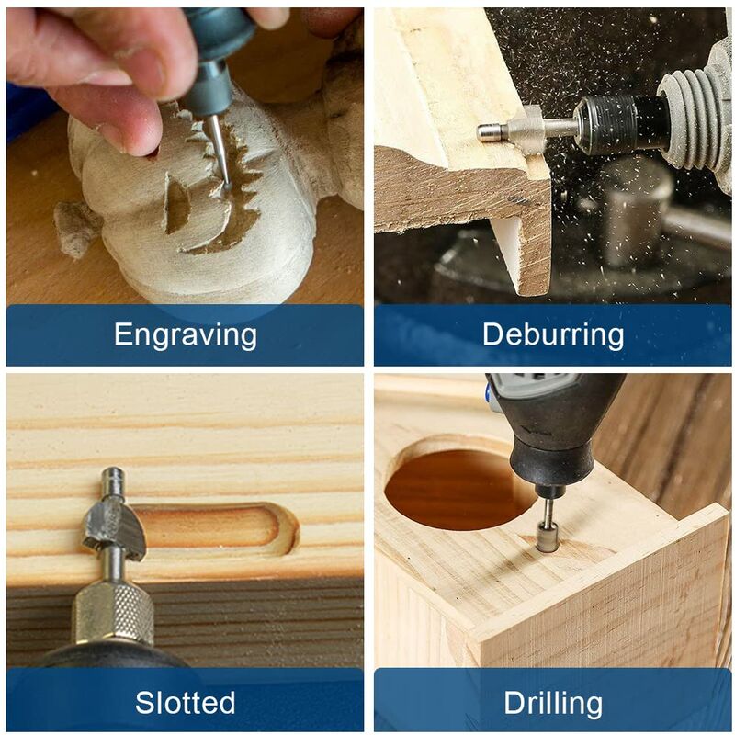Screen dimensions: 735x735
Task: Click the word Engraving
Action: (x=185, y=335)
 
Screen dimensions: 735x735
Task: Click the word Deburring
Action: (x=552, y=335)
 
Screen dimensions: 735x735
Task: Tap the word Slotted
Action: (x=185, y=703)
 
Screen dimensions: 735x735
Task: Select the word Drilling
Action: (x=552, y=704)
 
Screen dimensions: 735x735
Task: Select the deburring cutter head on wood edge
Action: (x=526, y=131)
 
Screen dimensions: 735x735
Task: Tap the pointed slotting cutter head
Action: (x=113, y=528)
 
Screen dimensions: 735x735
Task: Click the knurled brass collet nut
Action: (x=113, y=611)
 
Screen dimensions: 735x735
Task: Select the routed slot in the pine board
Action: (x=220, y=526)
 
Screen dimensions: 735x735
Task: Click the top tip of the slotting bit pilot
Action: (x=113, y=474)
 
